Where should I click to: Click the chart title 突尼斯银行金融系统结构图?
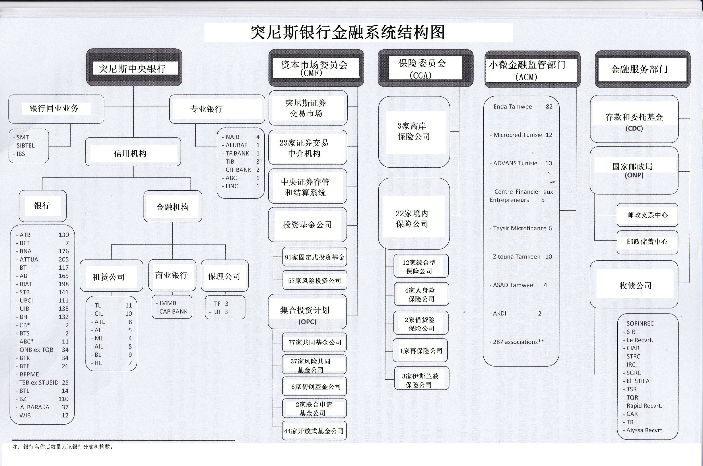click(x=347, y=32)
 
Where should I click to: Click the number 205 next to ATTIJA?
click(x=64, y=260)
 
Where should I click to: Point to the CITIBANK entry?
click(x=238, y=170)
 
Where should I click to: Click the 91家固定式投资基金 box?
click(x=314, y=257)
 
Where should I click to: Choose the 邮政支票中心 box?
click(x=647, y=215)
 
